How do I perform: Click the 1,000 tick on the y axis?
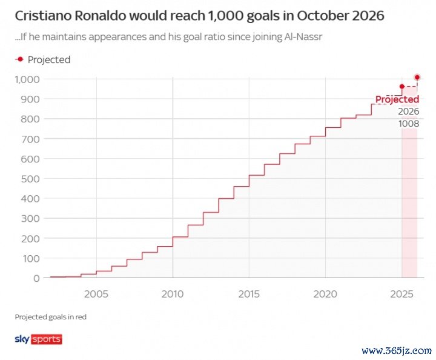tap(27, 79)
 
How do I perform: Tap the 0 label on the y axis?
tap(36, 278)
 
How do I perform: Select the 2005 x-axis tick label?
tap(96, 294)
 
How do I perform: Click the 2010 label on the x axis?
tap(173, 294)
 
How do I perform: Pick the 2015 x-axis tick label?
tap(249, 294)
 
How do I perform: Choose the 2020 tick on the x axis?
tap(325, 294)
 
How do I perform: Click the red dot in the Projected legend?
tap(20, 59)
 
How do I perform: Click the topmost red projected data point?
tap(417, 77)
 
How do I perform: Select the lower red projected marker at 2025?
tap(401, 87)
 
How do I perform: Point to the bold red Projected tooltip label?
tap(397, 99)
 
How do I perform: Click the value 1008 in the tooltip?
tap(408, 124)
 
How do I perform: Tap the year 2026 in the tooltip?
tap(408, 112)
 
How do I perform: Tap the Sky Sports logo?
tap(38, 339)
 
